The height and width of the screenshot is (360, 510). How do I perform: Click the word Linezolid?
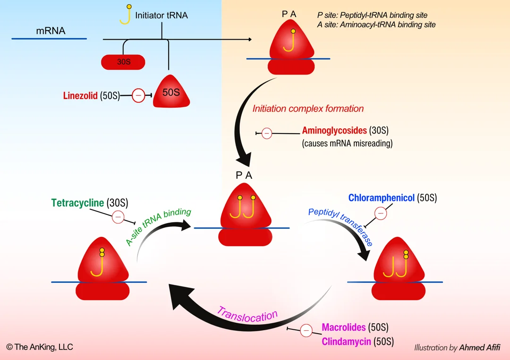tap(80, 96)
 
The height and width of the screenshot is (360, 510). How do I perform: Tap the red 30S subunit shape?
tap(123, 62)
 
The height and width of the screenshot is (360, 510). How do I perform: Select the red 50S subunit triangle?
tap(171, 92)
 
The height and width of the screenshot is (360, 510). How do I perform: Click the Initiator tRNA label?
tap(161, 16)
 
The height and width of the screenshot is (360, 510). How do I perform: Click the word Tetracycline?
tap(77, 203)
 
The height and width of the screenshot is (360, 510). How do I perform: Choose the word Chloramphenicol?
tap(382, 198)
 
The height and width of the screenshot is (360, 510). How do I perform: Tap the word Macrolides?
tap(344, 327)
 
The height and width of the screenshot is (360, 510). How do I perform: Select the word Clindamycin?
tap(346, 342)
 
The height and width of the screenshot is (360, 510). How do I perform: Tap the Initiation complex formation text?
tap(308, 109)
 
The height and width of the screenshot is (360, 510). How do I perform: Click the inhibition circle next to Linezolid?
tap(138, 96)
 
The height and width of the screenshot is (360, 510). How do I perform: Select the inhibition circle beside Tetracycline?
tap(118, 217)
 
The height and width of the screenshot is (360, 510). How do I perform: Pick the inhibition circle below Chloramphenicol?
tap(381, 213)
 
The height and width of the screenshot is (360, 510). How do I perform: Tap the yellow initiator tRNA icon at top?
tap(125, 15)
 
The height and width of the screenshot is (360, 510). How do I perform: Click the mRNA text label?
tap(51, 32)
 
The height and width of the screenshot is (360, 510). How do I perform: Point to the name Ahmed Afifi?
tap(479, 348)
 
